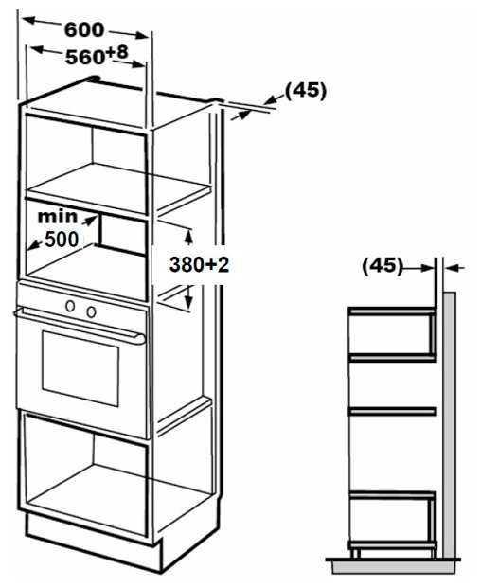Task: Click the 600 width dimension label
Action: (x=84, y=30)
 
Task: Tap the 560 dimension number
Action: (x=85, y=57)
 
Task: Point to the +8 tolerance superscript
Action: (x=116, y=52)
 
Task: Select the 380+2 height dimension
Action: (x=199, y=264)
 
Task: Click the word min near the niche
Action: (x=57, y=217)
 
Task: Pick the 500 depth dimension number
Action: (x=62, y=240)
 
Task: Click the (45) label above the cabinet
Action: (x=306, y=91)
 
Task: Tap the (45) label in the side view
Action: (x=383, y=266)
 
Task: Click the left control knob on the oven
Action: (x=70, y=306)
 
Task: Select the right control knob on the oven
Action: (x=91, y=311)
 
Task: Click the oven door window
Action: (x=80, y=368)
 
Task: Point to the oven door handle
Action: (x=80, y=325)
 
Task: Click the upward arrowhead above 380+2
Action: (x=188, y=237)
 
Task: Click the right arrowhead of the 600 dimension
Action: (x=142, y=36)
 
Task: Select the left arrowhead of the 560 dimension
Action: (x=36, y=49)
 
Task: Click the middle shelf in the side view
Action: (x=392, y=412)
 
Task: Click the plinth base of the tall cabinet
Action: (x=94, y=541)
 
